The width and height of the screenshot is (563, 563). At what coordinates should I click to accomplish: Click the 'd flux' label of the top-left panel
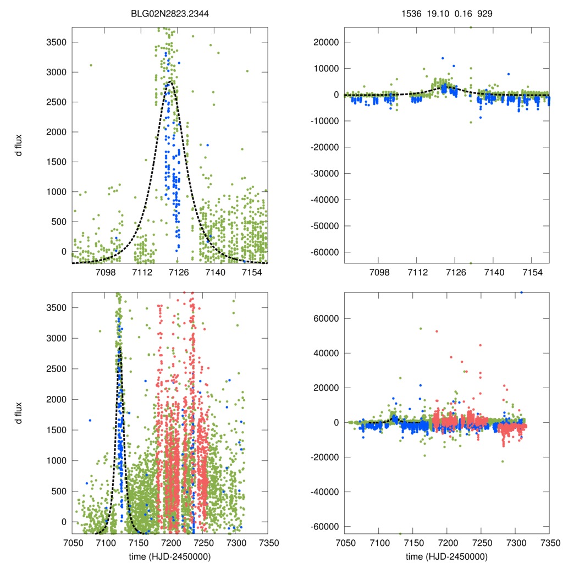pyautogui.click(x=19, y=145)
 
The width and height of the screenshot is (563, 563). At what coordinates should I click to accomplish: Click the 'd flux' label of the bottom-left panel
pyautogui.click(x=19, y=412)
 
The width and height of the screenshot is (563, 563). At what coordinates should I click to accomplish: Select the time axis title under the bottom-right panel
pyautogui.click(x=446, y=556)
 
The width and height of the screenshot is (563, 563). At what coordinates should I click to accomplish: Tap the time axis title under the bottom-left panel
pyautogui.click(x=170, y=556)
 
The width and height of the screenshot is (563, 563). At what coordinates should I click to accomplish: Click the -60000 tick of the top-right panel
pyautogui.click(x=325, y=252)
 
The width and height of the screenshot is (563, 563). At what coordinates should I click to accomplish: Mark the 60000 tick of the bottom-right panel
pyautogui.click(x=328, y=318)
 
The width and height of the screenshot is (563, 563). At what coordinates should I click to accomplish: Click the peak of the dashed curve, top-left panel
pyautogui.click(x=172, y=82)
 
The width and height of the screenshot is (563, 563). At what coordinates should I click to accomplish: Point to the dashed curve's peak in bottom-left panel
pyautogui.click(x=119, y=347)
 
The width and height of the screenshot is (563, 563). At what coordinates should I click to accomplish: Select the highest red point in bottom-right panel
pyautogui.click(x=437, y=331)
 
